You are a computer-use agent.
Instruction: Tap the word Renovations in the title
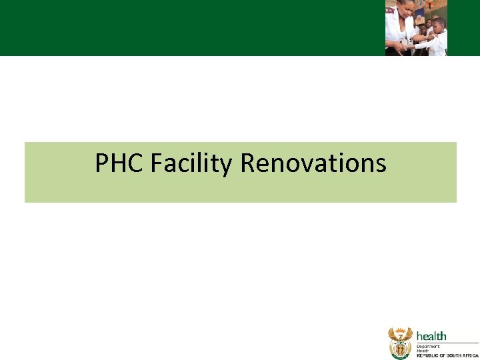[313, 163]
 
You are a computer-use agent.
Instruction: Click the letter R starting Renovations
[247, 163]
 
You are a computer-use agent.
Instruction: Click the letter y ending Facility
[228, 165]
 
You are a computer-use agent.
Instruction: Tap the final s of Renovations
[381, 165]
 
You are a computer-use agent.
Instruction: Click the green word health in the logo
[431, 336]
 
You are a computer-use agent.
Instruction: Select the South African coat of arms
[401, 343]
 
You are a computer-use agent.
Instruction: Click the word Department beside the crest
[429, 347]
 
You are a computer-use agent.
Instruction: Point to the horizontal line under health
[447, 343]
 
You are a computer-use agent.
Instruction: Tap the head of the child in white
[438, 25]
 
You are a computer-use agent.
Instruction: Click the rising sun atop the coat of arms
[401, 329]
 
